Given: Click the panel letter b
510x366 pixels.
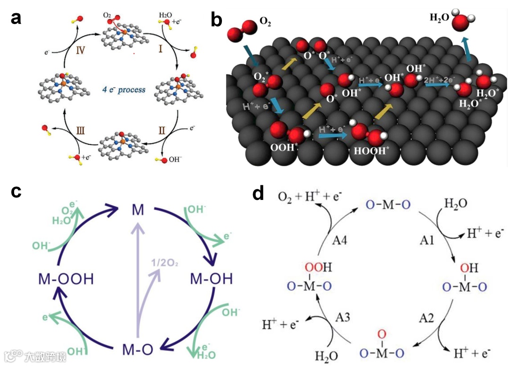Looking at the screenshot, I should pos(216,19).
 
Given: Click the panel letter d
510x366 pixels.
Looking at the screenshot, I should pos(258,193).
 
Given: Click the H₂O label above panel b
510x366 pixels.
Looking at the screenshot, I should pos(439,18).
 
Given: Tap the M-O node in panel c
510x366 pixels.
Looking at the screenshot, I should pos(137,350).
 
